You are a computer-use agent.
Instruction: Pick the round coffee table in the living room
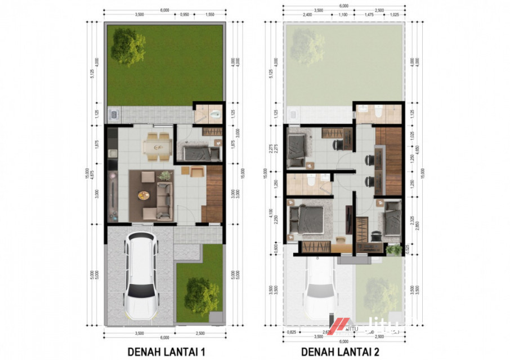[x=144, y=195]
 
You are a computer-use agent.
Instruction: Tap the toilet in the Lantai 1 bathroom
[x=214, y=115]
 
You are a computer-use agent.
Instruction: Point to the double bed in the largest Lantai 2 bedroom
[x=307, y=220]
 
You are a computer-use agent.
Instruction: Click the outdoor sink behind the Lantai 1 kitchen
[x=113, y=115]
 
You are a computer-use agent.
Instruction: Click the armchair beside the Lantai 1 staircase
[x=196, y=172]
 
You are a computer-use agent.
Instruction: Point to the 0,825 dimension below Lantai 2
[x=291, y=332]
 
